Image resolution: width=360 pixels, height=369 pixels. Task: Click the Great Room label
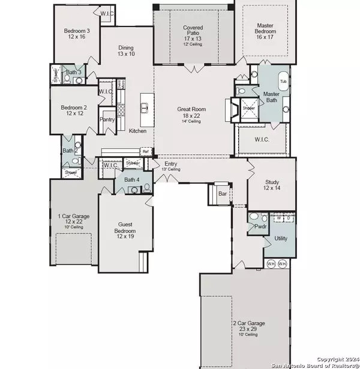click(191, 110)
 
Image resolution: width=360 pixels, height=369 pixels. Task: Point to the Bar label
click(222, 194)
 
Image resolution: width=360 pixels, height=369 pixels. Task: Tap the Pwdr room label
click(260, 228)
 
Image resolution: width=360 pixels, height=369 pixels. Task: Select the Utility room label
click(281, 238)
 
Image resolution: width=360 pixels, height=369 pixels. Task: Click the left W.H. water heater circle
click(271, 264)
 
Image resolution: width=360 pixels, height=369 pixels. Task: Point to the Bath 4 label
click(131, 179)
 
